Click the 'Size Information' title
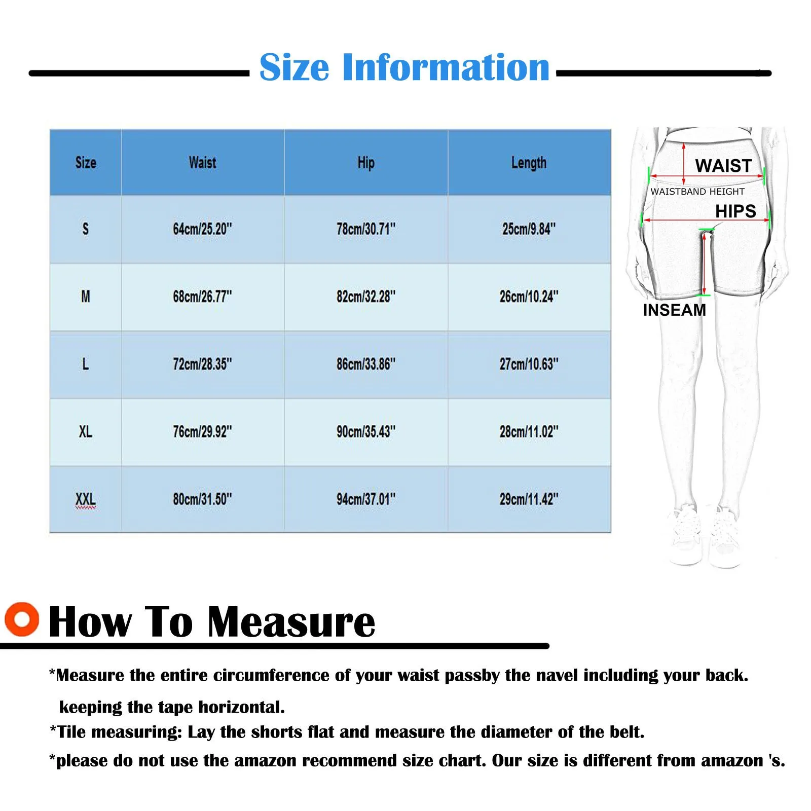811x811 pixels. click(404, 67)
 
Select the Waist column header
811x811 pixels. click(202, 163)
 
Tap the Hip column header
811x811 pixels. click(366, 163)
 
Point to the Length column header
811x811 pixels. click(529, 163)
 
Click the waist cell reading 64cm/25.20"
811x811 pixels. click(202, 229)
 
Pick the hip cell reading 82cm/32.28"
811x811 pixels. click(366, 297)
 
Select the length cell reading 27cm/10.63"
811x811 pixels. click(529, 364)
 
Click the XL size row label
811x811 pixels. click(86, 432)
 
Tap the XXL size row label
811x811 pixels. click(86, 499)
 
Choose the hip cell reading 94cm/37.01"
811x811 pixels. click(366, 499)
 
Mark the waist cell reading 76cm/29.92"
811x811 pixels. click(202, 432)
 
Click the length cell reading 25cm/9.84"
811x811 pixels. click(529, 229)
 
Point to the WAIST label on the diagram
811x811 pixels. click(723, 166)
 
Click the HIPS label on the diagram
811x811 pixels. click(735, 211)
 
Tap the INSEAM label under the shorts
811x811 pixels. click(674, 310)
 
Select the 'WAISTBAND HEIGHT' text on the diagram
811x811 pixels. click(697, 192)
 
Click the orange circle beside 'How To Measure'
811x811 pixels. click(22, 619)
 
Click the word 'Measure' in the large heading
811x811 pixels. click(291, 622)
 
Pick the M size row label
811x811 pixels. click(86, 297)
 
